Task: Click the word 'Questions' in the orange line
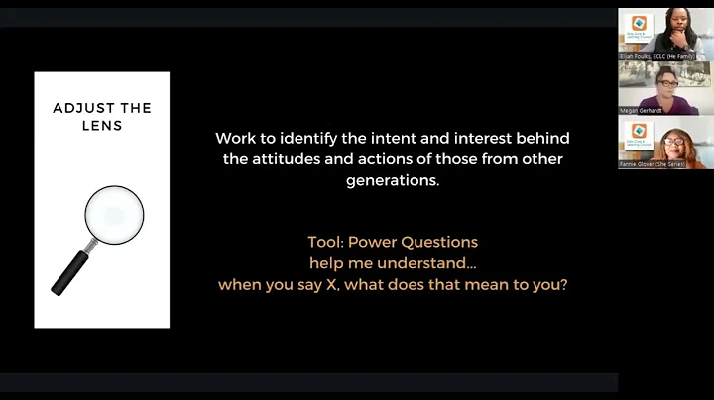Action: (x=442, y=242)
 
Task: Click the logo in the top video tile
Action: (x=639, y=24)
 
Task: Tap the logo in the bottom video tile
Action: (x=639, y=131)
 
